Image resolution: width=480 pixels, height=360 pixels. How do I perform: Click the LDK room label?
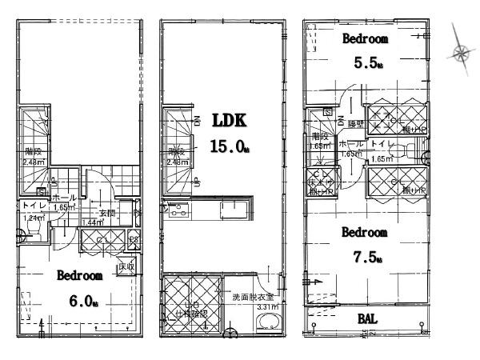[230, 120]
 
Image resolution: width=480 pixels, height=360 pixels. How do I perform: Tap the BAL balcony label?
[368, 319]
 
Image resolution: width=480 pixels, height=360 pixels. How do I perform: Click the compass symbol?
[461, 54]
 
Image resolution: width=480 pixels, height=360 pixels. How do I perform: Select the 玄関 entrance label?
[107, 213]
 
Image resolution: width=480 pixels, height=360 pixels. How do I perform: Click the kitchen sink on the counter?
[238, 212]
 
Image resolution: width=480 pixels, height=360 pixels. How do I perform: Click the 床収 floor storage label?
[126, 266]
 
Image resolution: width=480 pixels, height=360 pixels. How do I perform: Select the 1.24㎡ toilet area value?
[33, 218]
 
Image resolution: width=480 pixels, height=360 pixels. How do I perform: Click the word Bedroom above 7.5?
[365, 233]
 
